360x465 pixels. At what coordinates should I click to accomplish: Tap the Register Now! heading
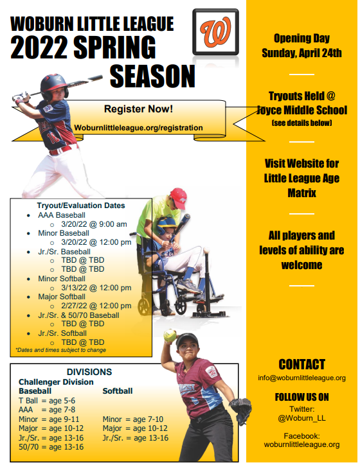(138, 109)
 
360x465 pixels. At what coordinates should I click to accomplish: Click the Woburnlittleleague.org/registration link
(138, 128)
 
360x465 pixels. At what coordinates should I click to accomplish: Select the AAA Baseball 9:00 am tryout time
(93, 224)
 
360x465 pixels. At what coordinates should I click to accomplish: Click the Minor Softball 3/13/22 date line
(96, 288)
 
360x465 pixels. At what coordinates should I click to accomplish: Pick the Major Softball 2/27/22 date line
(96, 306)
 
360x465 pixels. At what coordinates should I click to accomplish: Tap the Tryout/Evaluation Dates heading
(80, 206)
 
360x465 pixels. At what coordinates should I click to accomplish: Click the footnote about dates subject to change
(61, 350)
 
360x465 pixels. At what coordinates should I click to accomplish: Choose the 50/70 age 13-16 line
(51, 447)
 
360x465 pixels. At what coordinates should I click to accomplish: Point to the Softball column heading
(118, 390)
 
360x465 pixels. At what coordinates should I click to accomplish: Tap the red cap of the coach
(178, 195)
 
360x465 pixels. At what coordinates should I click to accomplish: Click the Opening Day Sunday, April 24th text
(301, 46)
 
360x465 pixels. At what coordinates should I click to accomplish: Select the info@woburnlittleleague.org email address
(301, 378)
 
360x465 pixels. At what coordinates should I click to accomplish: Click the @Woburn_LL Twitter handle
(301, 418)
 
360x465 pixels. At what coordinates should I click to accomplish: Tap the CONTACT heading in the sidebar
(301, 364)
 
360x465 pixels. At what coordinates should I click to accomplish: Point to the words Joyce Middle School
(301, 110)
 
